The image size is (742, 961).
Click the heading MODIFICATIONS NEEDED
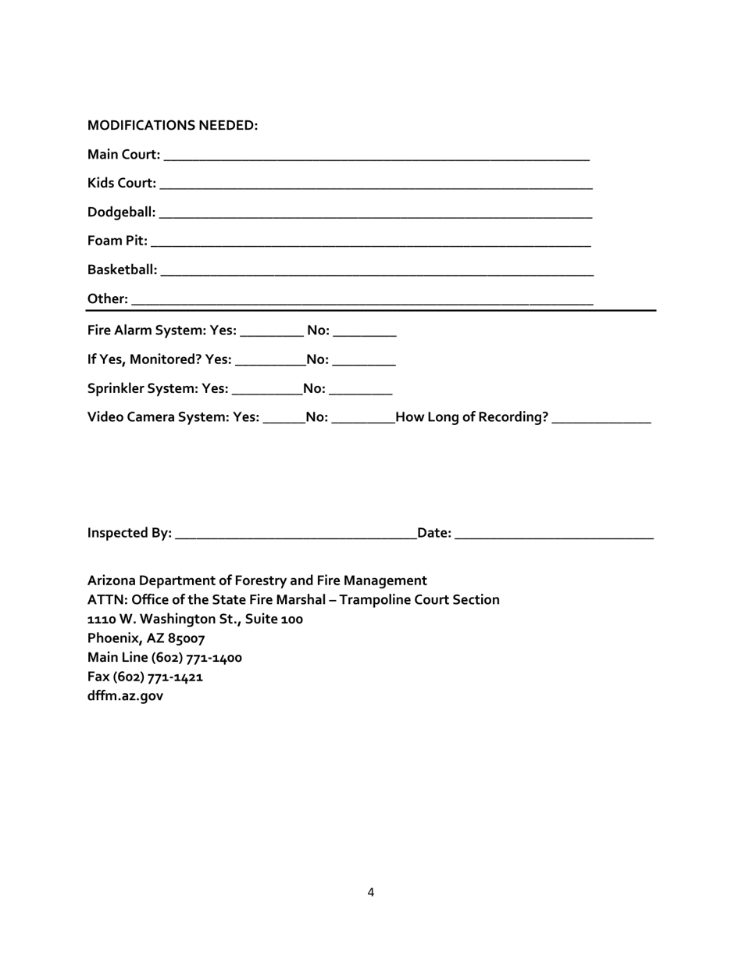tap(173, 126)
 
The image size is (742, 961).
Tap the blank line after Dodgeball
tap(376, 213)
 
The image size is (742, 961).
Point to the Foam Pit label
tap(117, 241)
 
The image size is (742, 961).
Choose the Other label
tap(108, 299)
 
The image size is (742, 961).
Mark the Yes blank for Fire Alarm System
tap(272, 332)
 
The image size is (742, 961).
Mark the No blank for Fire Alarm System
tap(365, 332)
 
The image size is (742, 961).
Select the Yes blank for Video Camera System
tap(284, 419)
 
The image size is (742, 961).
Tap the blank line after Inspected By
tap(296, 534)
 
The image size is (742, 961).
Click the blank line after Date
tap(554, 534)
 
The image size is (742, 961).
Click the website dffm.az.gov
tap(126, 696)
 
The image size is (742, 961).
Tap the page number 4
tap(371, 892)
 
